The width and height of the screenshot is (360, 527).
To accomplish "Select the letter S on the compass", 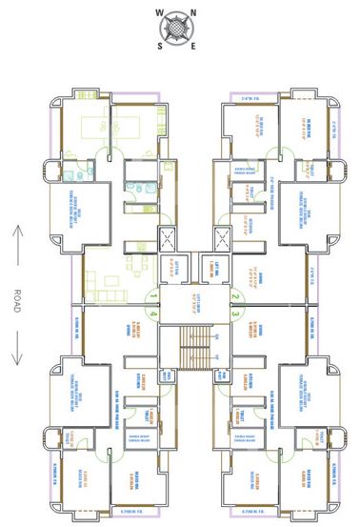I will click(162, 44).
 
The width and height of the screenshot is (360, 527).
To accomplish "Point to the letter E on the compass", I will click(195, 44).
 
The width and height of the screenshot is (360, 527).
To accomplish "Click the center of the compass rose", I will click(179, 29).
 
